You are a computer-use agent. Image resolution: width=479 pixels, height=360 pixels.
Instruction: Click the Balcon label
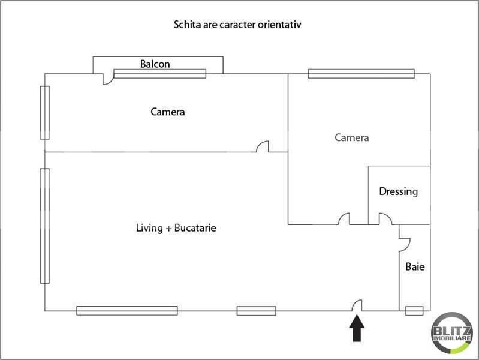click(155, 64)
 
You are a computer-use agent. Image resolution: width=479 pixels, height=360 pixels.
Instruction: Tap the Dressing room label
click(398, 191)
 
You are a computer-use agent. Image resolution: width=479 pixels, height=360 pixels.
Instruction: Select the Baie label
click(415, 267)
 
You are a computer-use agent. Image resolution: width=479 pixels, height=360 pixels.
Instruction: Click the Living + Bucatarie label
click(176, 228)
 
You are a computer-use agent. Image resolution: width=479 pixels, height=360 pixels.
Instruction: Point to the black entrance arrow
click(357, 328)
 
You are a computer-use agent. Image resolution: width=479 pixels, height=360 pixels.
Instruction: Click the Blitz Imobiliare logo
click(451, 333)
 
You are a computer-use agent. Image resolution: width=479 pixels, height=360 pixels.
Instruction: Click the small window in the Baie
click(414, 311)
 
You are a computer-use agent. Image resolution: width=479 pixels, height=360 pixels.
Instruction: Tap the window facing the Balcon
click(160, 74)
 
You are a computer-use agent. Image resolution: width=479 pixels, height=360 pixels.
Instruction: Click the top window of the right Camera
click(361, 74)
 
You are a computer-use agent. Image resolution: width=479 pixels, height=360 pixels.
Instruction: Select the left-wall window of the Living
click(45, 226)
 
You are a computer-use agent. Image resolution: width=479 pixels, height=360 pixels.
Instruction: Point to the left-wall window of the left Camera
click(45, 113)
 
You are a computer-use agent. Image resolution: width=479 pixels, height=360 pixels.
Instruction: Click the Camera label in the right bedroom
click(352, 137)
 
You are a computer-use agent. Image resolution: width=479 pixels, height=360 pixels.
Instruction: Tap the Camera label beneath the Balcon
click(168, 112)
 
